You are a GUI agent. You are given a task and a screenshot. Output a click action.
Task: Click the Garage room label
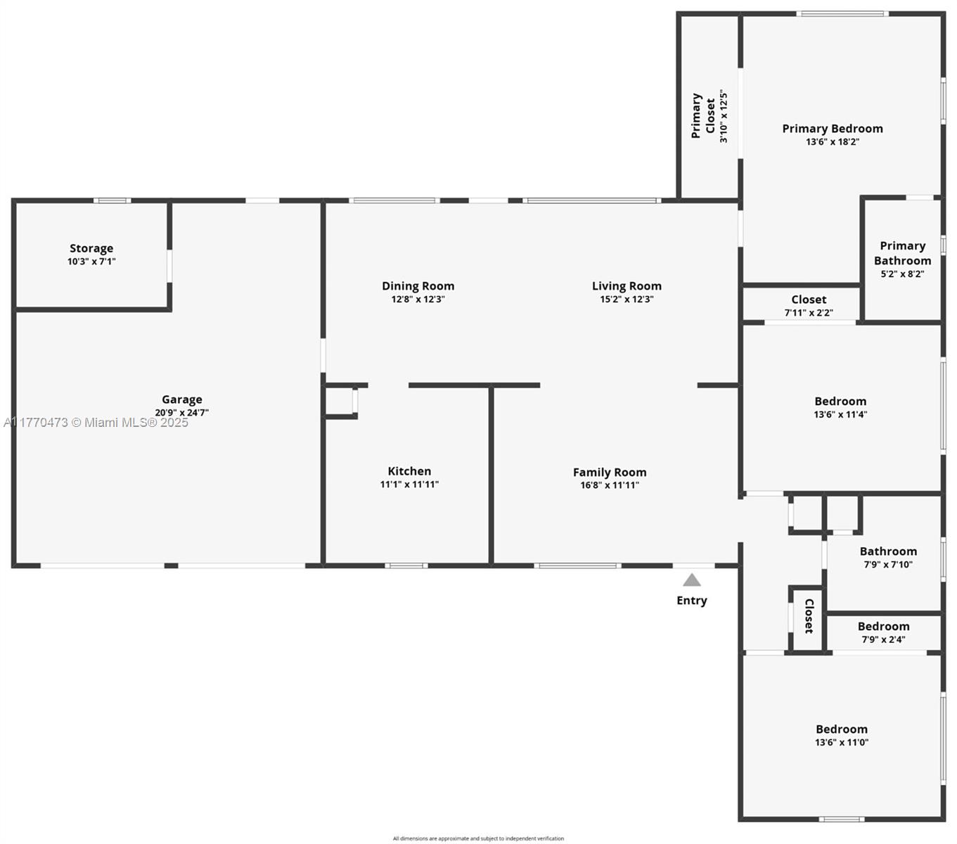click(x=182, y=399)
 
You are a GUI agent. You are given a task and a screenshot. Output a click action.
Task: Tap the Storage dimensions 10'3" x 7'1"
click(x=91, y=262)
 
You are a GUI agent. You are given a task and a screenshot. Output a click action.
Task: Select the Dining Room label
click(x=418, y=286)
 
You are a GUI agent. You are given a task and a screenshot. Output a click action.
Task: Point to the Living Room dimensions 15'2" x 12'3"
click(x=627, y=299)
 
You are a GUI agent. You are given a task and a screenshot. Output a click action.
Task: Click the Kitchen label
click(x=409, y=471)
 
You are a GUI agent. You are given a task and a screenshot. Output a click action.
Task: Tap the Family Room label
click(x=610, y=472)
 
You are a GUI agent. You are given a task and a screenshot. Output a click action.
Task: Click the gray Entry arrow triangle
click(x=691, y=580)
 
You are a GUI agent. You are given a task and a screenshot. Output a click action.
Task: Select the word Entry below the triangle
click(x=691, y=600)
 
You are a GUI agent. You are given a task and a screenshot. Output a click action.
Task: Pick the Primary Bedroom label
click(x=833, y=129)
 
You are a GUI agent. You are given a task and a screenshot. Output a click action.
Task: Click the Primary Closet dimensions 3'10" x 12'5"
click(x=723, y=116)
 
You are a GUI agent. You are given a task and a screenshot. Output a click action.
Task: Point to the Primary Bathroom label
click(x=902, y=253)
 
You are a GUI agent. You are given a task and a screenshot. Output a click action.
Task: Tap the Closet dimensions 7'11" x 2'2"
click(x=809, y=313)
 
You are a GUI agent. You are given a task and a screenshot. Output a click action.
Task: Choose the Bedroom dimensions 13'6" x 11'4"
click(x=840, y=414)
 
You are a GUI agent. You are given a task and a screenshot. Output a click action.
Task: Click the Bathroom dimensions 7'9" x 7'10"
click(x=888, y=564)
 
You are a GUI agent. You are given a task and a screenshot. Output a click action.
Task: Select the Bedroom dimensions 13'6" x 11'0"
click(x=841, y=743)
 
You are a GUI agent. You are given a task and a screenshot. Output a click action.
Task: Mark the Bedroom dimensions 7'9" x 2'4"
click(x=883, y=640)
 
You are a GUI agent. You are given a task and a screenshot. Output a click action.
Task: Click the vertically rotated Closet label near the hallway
click(x=809, y=616)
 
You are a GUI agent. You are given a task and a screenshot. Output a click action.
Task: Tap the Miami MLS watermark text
click(x=96, y=423)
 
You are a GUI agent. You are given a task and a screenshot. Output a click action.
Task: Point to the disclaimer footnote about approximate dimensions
click(x=478, y=838)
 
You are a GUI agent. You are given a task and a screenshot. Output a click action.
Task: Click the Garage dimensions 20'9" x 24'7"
click(x=182, y=413)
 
